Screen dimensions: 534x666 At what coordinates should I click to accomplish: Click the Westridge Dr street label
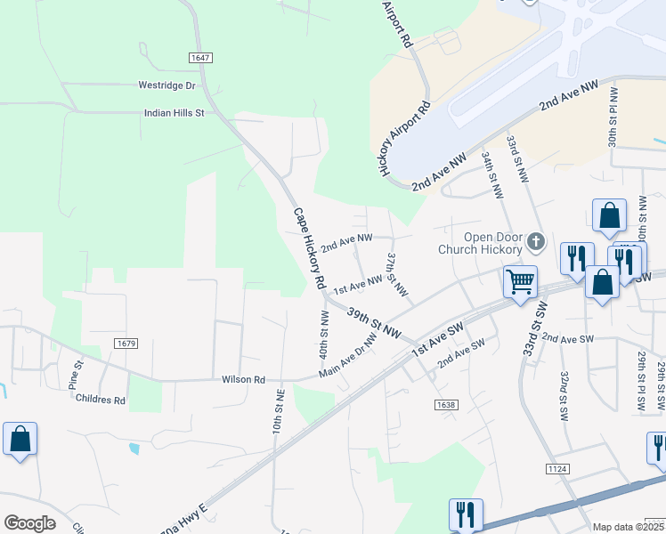(x=166, y=85)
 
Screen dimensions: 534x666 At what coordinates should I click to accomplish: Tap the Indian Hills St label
(x=175, y=113)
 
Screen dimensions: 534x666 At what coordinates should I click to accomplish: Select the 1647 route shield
(x=200, y=58)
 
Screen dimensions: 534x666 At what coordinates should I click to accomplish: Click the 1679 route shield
(x=126, y=343)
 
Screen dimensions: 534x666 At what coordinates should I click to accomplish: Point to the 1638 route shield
(x=446, y=405)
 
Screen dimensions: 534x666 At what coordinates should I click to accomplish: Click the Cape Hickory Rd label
(x=309, y=247)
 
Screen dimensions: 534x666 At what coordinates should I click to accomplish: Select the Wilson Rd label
(x=243, y=379)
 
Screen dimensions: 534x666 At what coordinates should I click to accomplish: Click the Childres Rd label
(x=101, y=400)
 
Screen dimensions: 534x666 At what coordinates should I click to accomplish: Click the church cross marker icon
(x=536, y=240)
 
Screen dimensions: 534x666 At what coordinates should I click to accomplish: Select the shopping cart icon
(x=520, y=282)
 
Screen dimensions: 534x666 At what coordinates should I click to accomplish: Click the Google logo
(x=29, y=523)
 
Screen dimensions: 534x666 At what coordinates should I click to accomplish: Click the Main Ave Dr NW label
(x=347, y=356)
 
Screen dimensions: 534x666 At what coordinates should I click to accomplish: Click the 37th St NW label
(x=397, y=273)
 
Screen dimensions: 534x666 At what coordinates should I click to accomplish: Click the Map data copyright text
(x=629, y=527)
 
